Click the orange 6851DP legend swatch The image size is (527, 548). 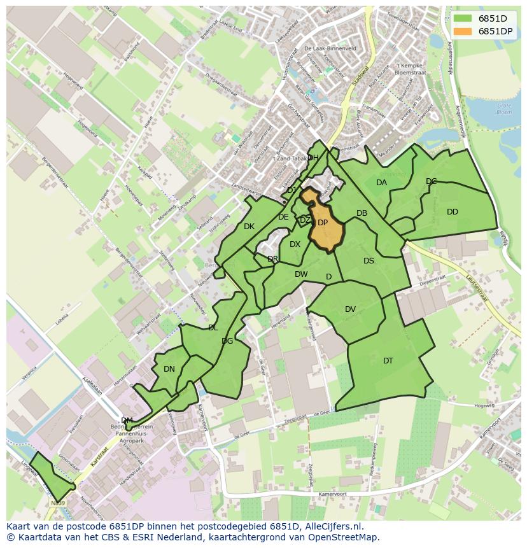pos(463,31)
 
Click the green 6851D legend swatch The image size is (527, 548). pos(463,18)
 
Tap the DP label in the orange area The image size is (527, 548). pos(323,223)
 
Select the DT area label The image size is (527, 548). pos(388,361)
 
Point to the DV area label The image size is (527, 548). pos(350,309)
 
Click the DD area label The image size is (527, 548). pos(453,212)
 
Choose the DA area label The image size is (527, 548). pos(381,183)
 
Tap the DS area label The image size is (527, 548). pos(369,261)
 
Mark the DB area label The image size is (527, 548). pos(362,213)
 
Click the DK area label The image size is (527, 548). pos(249,227)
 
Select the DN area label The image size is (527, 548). pos(169,369)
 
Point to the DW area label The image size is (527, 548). pos(301,274)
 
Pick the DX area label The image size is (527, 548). pos(295,244)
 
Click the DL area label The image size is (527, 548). pos(213,328)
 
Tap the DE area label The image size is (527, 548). pos(283,217)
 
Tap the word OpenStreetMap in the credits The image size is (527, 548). pos(343,537)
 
